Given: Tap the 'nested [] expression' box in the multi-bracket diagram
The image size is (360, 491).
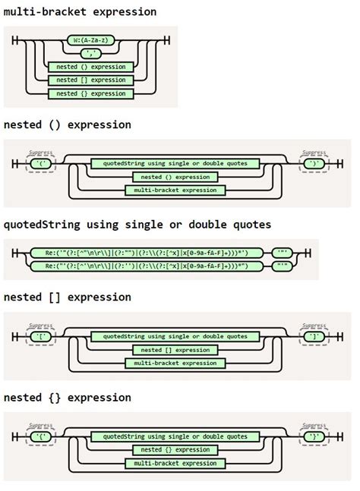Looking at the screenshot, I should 90,80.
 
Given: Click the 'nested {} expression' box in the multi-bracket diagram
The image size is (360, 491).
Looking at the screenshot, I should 90,93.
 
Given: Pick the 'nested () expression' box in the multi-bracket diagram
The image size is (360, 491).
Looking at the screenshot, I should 90,67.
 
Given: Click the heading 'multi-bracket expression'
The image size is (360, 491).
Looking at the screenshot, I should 80,11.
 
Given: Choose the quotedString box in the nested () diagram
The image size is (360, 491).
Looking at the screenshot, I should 175,163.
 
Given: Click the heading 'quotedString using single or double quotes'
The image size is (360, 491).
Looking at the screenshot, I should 137,225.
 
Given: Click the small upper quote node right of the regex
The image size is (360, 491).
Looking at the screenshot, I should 283,253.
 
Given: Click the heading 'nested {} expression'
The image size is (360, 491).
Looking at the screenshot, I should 67,398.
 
